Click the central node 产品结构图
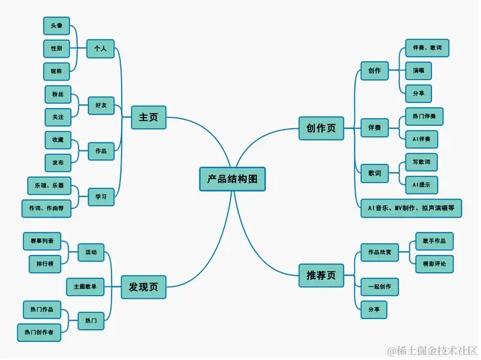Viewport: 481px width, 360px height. tap(232, 179)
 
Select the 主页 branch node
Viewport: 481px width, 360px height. tap(148, 117)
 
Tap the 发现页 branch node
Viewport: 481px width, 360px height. tap(143, 286)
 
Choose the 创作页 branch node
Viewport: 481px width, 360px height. tap(321, 128)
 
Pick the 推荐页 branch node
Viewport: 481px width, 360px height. tap(321, 274)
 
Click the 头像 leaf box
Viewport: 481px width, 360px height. tap(57, 26)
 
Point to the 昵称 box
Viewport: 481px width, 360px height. tap(57, 72)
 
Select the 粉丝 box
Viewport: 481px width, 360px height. tap(58, 94)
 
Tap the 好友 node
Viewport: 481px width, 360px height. tap(100, 105)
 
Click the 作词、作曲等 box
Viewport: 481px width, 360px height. tap(46, 209)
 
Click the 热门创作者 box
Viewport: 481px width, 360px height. tap(39, 332)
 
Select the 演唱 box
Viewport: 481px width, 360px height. tap(418, 71)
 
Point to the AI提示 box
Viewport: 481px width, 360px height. tap(421, 185)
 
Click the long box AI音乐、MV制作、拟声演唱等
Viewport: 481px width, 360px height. tap(411, 208)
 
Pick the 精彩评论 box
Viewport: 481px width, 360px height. tap(434, 264)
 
